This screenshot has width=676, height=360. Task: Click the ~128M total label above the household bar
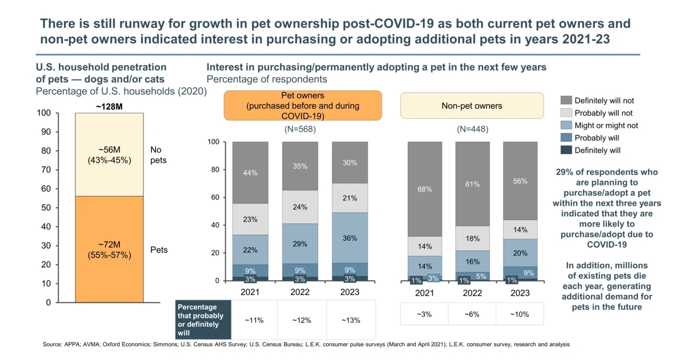pyautogui.click(x=109, y=107)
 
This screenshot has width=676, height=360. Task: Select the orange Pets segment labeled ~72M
pyautogui.click(x=109, y=249)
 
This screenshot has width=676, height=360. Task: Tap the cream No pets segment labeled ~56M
pyautogui.click(x=109, y=155)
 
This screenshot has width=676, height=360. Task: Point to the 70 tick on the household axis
pyautogui.click(x=46, y=170)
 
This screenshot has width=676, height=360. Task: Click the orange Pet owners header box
pyautogui.click(x=303, y=106)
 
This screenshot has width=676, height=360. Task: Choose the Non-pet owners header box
pyautogui.click(x=472, y=106)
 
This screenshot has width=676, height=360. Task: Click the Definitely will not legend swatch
pyautogui.click(x=566, y=100)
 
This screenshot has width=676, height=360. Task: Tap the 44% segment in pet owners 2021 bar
pyautogui.click(x=250, y=173)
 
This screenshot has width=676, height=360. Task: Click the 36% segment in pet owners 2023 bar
pyautogui.click(x=350, y=238)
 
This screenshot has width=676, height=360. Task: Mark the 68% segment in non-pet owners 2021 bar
pyautogui.click(x=424, y=189)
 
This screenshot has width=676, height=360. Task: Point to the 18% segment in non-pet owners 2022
pyautogui.click(x=472, y=239)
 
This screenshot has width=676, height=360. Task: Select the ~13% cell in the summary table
pyautogui.click(x=350, y=320)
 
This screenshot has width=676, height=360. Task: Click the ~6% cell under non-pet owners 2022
pyautogui.click(x=472, y=315)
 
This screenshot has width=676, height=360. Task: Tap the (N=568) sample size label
pyautogui.click(x=300, y=129)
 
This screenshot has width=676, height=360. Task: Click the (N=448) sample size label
pyautogui.click(x=472, y=129)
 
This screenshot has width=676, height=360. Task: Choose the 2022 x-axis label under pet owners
pyautogui.click(x=300, y=292)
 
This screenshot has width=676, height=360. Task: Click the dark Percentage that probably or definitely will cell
pyautogui.click(x=202, y=320)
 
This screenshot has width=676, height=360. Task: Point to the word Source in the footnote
pyautogui.click(x=53, y=344)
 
